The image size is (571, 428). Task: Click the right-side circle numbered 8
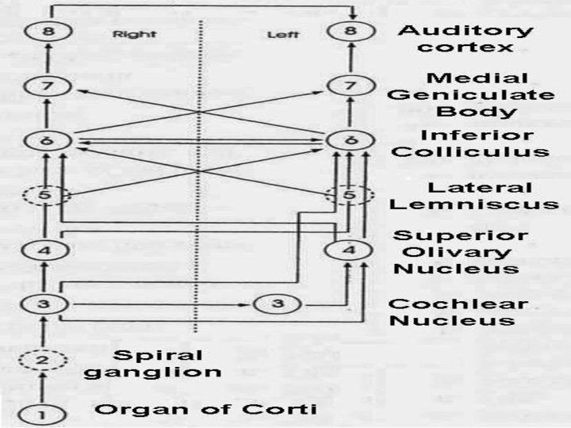pyautogui.click(x=46, y=32)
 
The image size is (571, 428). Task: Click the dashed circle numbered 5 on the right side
pyautogui.click(x=46, y=195)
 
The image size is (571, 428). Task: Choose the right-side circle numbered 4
pyautogui.click(x=46, y=250)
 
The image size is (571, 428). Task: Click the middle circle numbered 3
pyautogui.click(x=274, y=304)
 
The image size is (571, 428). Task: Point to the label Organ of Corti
pyautogui.click(x=207, y=409)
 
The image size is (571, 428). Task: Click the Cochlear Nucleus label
pyautogui.click(x=458, y=312)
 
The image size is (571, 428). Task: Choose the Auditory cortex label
pyautogui.click(x=466, y=38)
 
